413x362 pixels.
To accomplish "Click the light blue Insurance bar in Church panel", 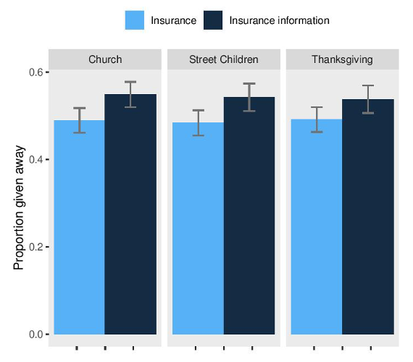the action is click(x=79, y=227).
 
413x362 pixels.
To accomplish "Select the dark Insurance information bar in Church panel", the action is click(x=130, y=214).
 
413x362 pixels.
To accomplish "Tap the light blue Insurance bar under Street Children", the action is click(x=198, y=228).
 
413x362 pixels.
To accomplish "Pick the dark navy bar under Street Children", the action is click(x=249, y=216).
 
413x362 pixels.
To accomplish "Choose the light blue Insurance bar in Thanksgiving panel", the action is click(x=317, y=227).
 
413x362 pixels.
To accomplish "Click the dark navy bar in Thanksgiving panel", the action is click(x=368, y=216).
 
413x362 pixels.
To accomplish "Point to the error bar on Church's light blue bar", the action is click(x=79, y=120).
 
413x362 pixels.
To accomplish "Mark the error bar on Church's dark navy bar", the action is click(x=130, y=95).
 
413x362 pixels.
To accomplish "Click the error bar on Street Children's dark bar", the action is click(x=249, y=98).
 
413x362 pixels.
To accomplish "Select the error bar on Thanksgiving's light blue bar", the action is click(x=317, y=119).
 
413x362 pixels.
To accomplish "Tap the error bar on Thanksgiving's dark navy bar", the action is click(x=368, y=99).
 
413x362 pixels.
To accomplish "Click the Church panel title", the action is click(x=105, y=59).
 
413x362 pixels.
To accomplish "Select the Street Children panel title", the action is click(x=224, y=59).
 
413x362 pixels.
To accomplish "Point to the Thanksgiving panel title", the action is click(x=342, y=60).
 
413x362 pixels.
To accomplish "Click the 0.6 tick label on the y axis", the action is click(x=36, y=72).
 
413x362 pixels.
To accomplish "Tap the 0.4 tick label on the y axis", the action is click(x=36, y=159).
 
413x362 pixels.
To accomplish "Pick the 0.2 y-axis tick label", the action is click(x=36, y=247).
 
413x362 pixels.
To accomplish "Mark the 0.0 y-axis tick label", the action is click(x=36, y=334).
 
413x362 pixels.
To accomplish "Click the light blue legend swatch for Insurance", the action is click(x=135, y=20).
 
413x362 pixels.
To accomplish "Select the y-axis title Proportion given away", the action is click(x=19, y=208).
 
